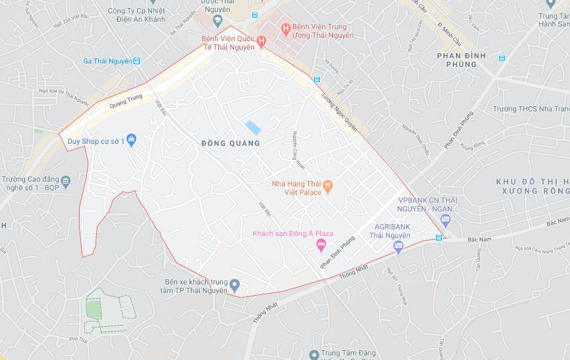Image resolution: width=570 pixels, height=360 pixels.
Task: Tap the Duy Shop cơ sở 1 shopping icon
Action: tap(131, 140)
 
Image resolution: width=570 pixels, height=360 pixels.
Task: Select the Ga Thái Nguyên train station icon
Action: tap(137, 61)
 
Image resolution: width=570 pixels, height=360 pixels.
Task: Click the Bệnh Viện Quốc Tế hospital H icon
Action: tap(261, 42)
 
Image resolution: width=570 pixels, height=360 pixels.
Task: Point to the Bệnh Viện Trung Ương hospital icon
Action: tap(285, 28)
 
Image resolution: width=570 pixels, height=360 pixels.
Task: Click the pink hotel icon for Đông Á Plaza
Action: tap(321, 246)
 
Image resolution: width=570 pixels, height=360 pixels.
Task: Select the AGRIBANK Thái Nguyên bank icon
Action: tap(398, 247)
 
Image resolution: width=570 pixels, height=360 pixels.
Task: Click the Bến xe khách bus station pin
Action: tap(234, 286)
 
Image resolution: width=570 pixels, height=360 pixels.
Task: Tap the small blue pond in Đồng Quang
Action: tap(253, 127)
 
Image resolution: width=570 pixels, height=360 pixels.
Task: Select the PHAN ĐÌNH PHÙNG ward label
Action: tap(461, 60)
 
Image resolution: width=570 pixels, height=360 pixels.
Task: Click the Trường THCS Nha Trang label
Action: tap(531, 109)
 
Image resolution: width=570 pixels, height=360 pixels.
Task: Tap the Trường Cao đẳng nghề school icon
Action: tap(65, 180)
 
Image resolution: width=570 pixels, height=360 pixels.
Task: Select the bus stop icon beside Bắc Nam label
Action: tap(439, 238)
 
